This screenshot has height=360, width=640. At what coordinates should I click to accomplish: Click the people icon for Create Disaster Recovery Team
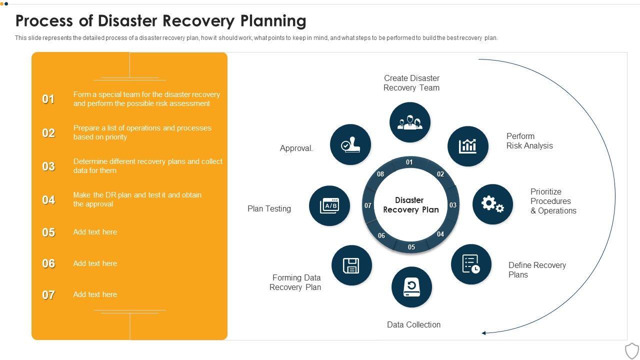(410, 122)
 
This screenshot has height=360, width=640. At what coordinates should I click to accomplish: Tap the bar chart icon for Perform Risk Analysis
(468, 146)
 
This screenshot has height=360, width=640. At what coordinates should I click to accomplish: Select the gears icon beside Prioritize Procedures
(492, 204)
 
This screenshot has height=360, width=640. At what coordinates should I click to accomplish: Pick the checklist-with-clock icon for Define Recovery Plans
(471, 264)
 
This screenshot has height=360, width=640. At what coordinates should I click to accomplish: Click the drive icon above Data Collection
(411, 287)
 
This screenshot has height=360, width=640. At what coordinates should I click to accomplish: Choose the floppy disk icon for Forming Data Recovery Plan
(351, 265)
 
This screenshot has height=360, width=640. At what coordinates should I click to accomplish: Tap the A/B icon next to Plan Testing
(329, 205)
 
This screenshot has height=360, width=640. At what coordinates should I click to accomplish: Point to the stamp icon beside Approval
(350, 144)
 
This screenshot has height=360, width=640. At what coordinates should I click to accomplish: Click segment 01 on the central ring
(409, 162)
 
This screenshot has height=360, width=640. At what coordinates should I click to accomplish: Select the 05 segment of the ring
(411, 247)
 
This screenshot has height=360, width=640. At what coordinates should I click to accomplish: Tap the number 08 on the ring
(380, 174)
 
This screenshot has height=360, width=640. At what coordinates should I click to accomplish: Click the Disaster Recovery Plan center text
(410, 205)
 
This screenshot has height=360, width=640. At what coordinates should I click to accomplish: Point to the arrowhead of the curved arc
(484, 332)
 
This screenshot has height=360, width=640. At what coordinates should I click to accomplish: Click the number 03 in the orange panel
(48, 166)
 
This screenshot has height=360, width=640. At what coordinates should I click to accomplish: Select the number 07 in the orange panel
(48, 295)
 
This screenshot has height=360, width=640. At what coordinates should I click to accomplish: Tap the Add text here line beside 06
(95, 263)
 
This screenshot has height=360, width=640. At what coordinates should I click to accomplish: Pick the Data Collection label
(413, 324)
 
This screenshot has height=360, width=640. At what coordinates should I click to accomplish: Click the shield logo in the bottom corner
(632, 350)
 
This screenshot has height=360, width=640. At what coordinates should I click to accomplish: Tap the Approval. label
(296, 148)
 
